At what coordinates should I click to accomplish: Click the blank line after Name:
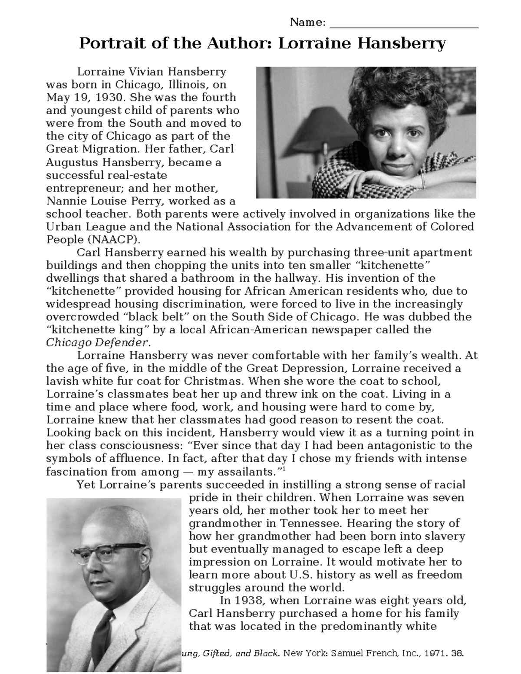pos(404,24)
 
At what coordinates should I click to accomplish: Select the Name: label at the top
pos(307,22)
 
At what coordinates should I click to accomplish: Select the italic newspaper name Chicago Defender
pos(98,343)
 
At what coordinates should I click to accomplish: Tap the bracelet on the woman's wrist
pos(423,180)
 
